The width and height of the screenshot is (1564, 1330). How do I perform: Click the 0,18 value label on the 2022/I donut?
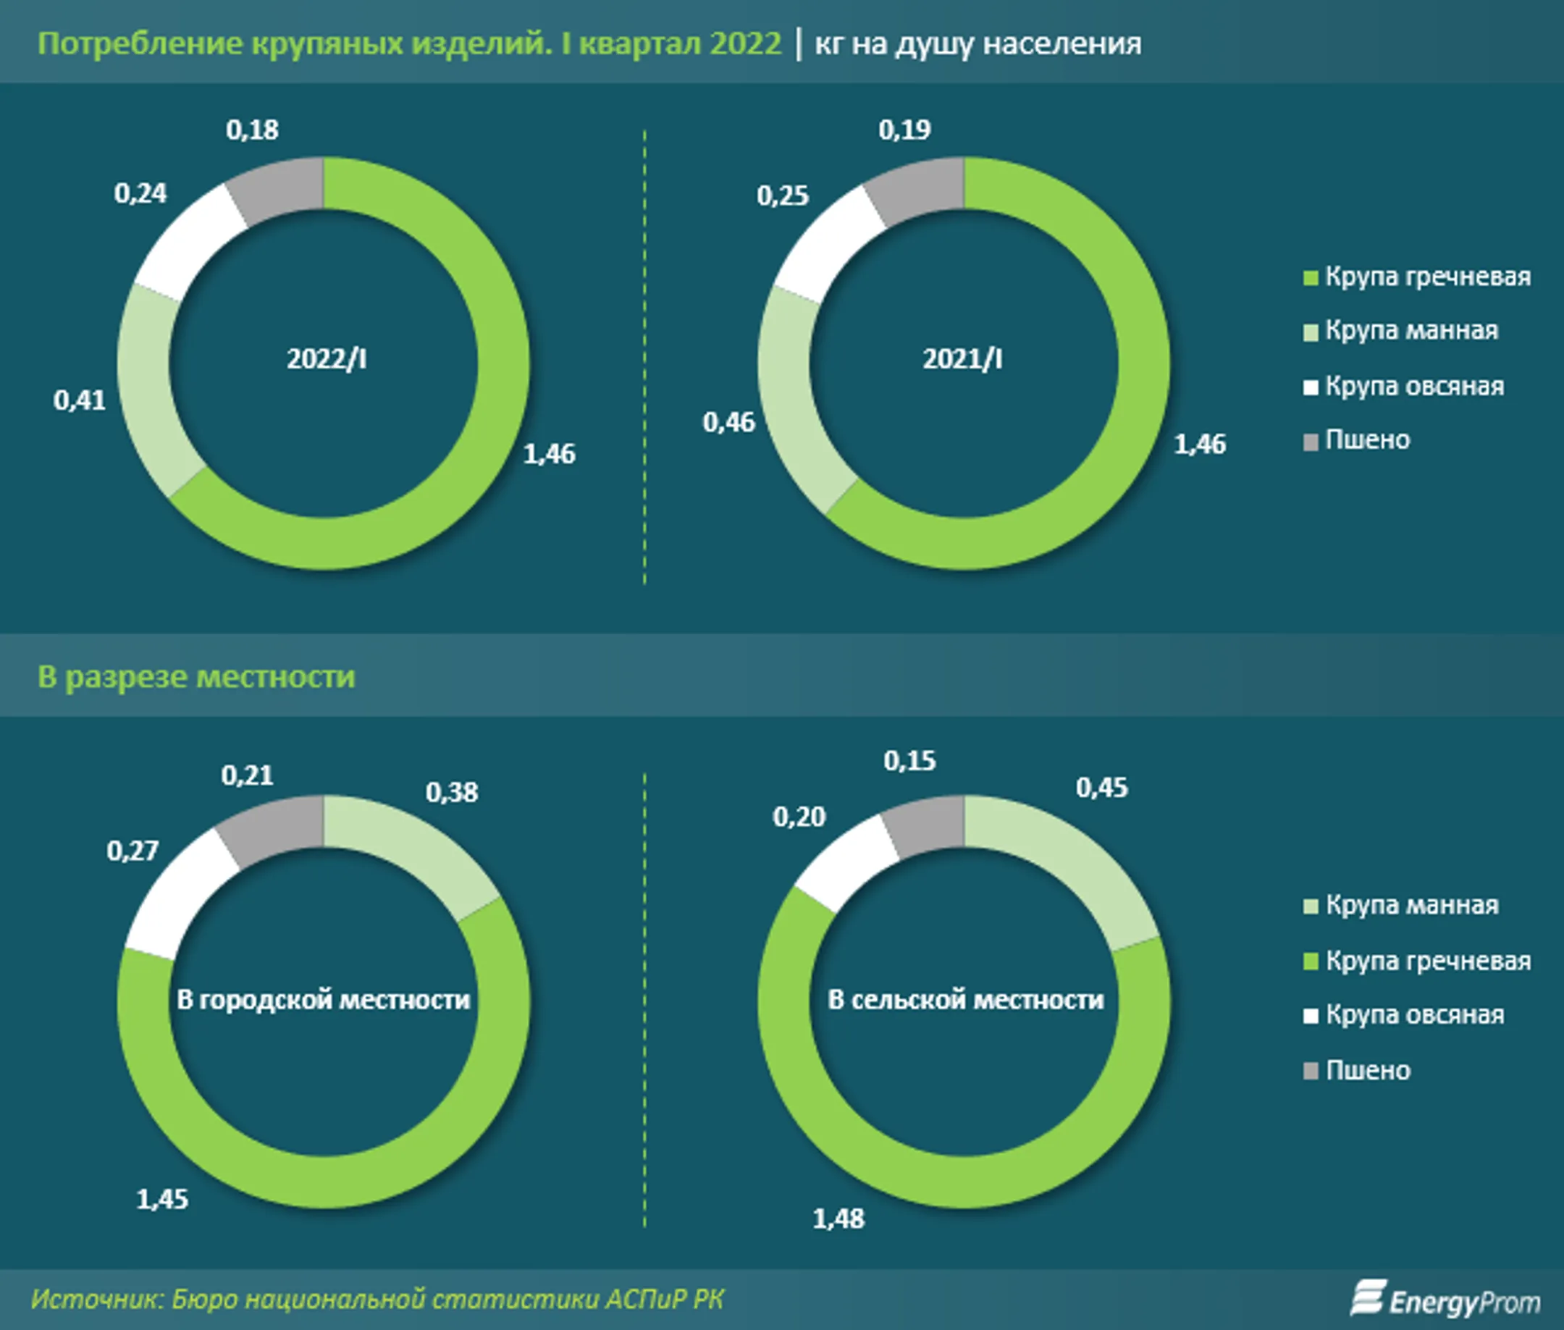click(252, 130)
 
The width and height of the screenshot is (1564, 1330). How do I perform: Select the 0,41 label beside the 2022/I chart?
click(79, 400)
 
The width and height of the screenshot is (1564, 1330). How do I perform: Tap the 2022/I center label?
click(327, 359)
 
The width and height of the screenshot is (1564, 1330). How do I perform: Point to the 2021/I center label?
click(962, 359)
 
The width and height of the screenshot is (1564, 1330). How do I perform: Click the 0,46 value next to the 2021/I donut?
click(728, 422)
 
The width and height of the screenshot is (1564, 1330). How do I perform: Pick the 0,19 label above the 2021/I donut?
click(904, 130)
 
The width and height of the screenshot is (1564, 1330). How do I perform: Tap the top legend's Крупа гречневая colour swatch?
click(1311, 278)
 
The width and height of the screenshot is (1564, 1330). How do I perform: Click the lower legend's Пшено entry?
click(1367, 1070)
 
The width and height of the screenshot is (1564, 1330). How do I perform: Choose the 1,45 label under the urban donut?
click(162, 1199)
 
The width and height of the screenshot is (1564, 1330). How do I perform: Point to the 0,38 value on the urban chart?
click(452, 791)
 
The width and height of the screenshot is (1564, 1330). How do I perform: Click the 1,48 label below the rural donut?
click(838, 1219)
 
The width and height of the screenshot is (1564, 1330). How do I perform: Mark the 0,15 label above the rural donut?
click(909, 761)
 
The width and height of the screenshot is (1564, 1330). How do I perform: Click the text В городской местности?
click(324, 1000)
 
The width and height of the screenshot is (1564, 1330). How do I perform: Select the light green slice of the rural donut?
click(1063, 867)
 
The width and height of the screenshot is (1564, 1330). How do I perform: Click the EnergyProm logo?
click(1445, 1299)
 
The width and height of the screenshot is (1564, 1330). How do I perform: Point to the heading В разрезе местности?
click(196, 676)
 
